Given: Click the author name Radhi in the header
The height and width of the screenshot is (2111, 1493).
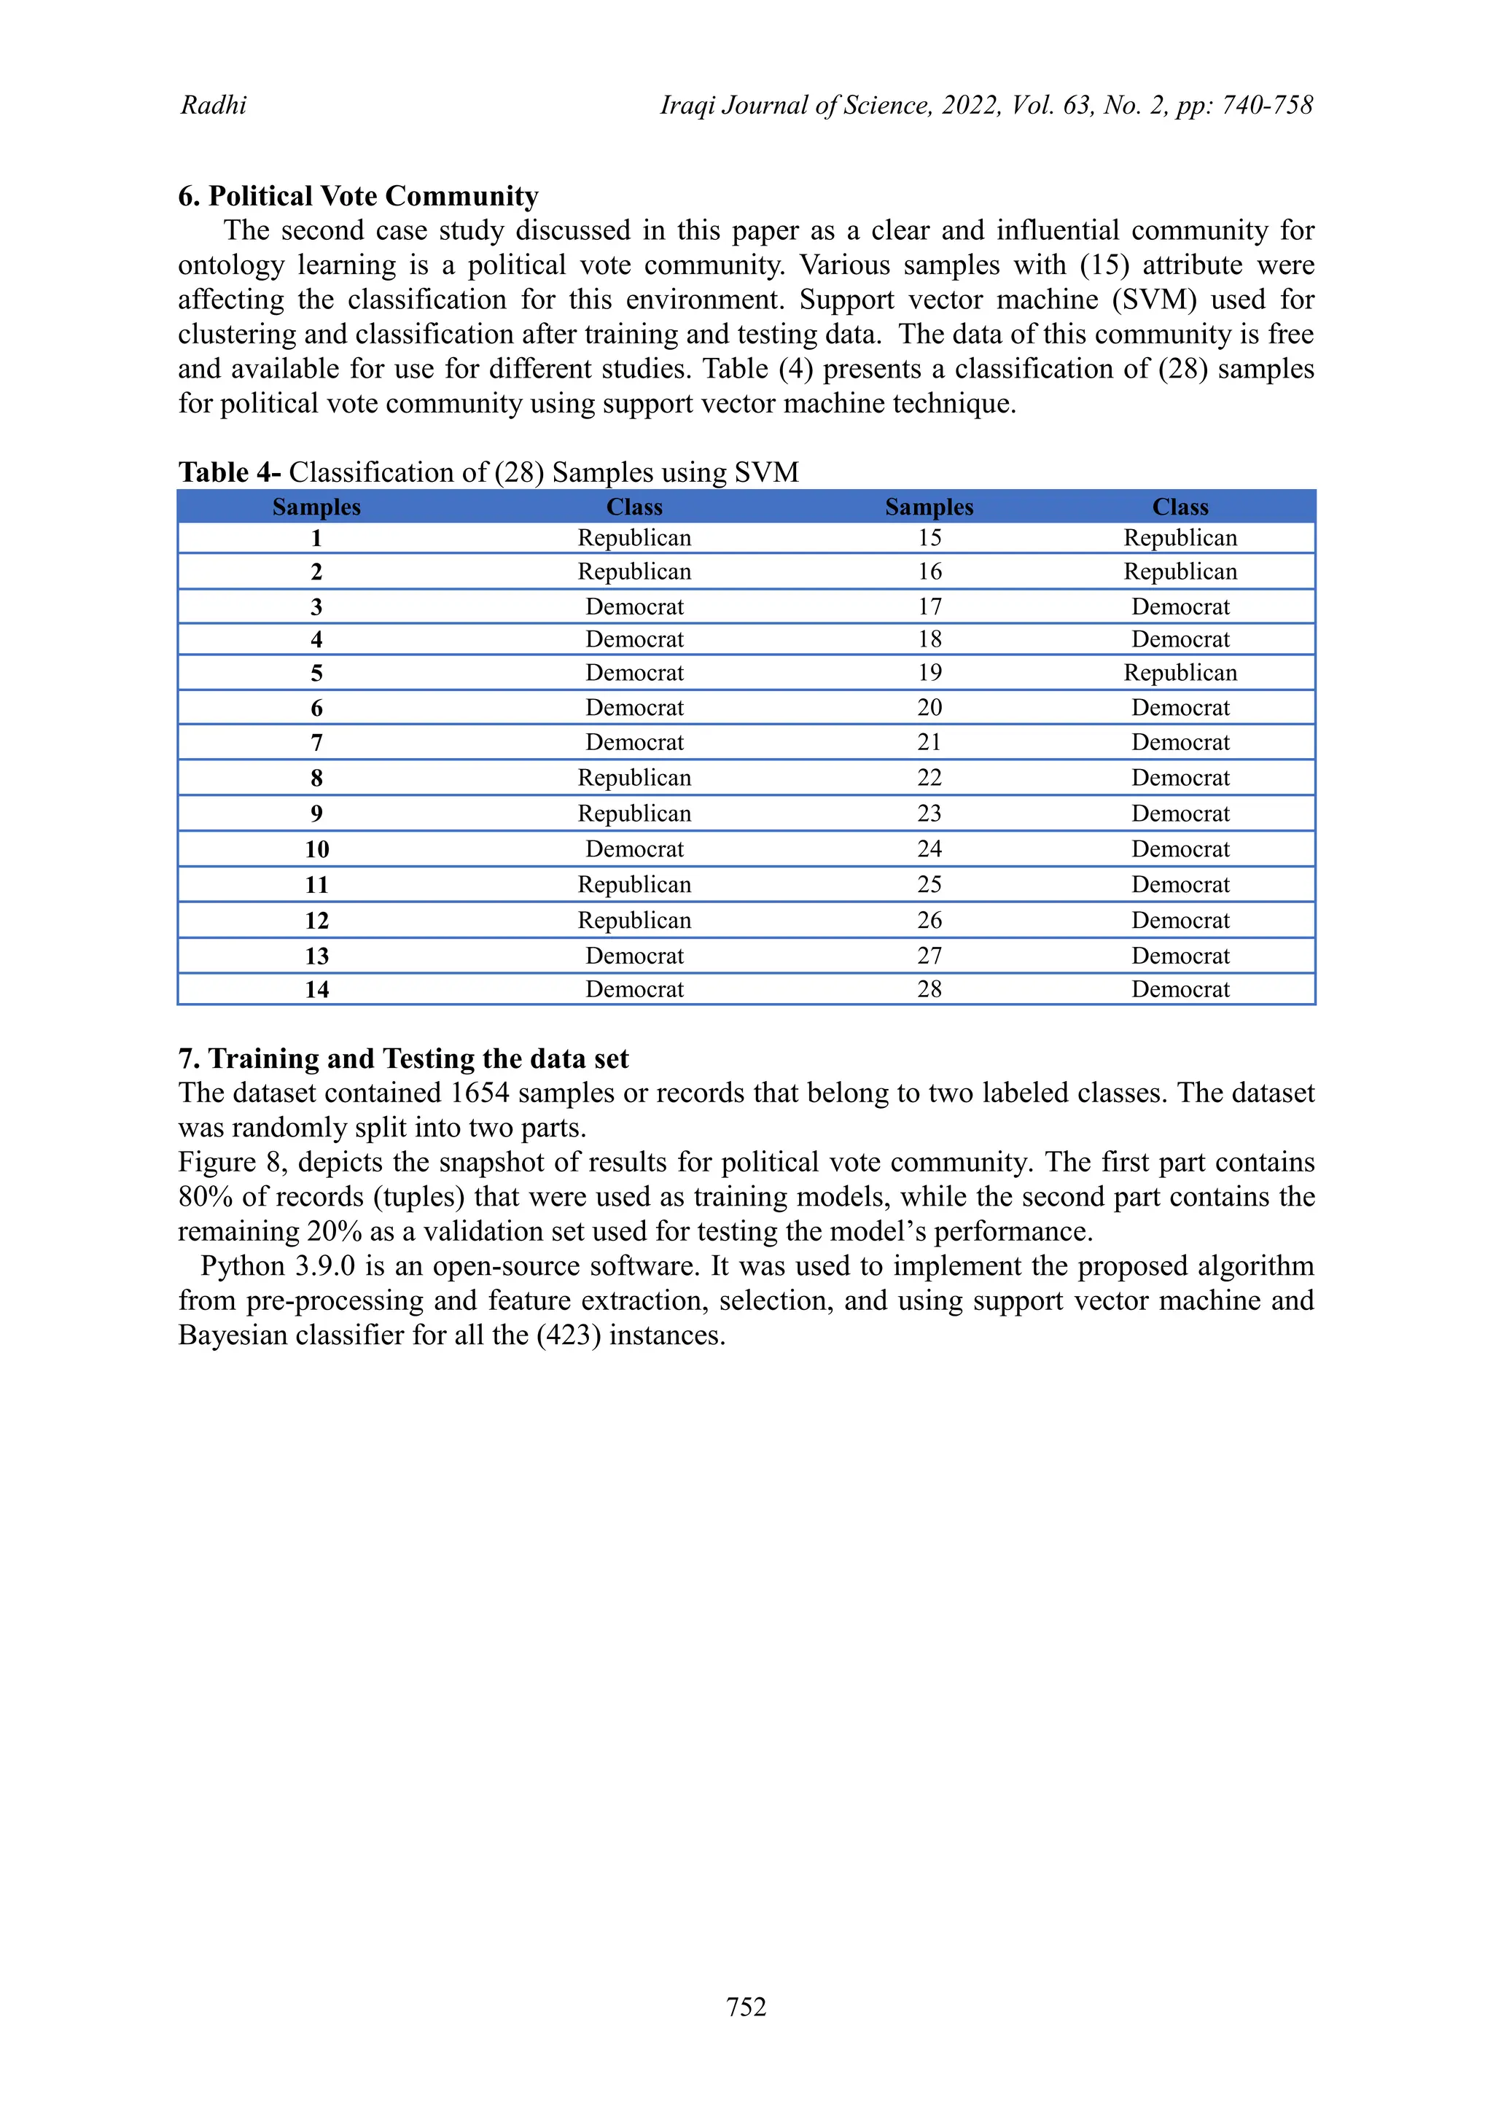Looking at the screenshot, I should (x=214, y=105).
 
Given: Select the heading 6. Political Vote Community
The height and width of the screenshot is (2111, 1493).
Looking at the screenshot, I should (x=359, y=196).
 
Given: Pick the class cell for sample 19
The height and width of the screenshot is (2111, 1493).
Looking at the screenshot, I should (x=1180, y=672).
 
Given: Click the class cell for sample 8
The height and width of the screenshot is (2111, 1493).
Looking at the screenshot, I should (x=634, y=778).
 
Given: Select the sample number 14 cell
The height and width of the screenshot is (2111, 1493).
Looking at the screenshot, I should (x=316, y=989).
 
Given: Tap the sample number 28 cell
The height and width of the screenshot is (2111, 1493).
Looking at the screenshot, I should (x=929, y=989).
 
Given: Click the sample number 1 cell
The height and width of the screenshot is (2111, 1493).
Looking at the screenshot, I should (x=316, y=538).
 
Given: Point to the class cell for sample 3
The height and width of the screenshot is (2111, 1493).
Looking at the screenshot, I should (x=634, y=606).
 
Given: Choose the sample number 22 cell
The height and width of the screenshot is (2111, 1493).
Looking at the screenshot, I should (x=929, y=778).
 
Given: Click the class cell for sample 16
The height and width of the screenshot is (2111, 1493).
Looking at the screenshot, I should (x=1180, y=572).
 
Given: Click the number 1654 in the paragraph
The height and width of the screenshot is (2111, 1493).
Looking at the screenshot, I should (x=480, y=1093).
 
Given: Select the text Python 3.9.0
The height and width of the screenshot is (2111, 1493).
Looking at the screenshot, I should (x=278, y=1266).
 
